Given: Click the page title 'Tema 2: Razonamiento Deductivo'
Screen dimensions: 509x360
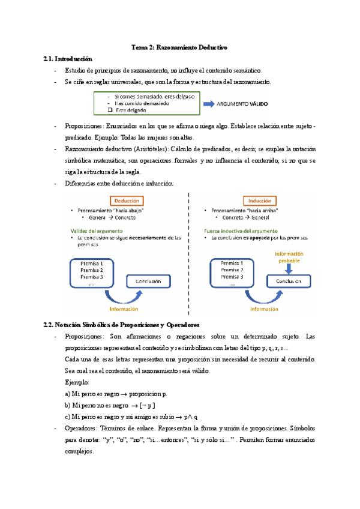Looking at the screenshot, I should click(180, 47).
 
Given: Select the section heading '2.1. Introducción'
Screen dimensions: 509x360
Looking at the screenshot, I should click(68, 59).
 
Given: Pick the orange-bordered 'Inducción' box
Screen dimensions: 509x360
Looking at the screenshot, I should click(259, 200).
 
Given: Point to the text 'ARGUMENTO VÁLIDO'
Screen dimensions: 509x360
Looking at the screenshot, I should click(242, 104).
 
